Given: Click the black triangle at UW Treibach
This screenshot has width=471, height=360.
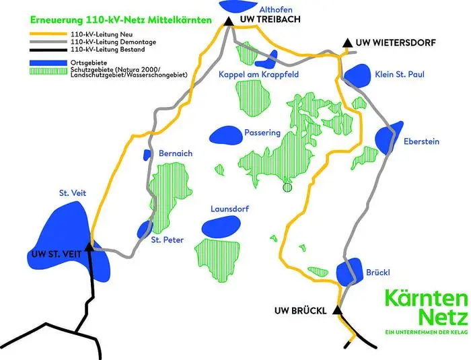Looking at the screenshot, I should pos(229,22).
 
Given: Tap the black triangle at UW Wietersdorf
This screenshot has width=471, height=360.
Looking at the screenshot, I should pos(347,43).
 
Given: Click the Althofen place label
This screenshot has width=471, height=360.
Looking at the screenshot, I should pos(263,9).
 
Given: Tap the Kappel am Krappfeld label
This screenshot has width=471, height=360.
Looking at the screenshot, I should pos(258,74).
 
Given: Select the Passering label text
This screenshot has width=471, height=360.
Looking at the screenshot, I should pos(262,133).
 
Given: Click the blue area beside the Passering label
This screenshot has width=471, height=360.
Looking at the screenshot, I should pos(225,135).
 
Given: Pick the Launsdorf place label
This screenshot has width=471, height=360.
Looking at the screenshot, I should pos(229,209).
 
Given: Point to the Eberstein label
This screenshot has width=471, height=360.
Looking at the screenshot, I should pos(421,141).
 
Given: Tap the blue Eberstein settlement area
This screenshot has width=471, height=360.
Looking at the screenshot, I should pos(386,139).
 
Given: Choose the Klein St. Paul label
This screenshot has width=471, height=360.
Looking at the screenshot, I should pos(401,74).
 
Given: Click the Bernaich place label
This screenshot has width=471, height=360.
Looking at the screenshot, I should pos(176,153).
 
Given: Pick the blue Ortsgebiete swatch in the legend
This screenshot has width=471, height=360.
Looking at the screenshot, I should pos(47,63).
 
